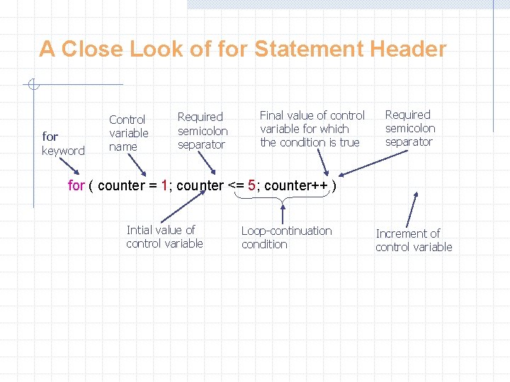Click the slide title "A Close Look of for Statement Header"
point(242,49)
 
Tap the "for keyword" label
point(62,143)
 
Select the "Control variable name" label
point(128,133)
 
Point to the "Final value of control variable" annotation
point(312,129)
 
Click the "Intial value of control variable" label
point(164,236)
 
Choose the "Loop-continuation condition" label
point(286,237)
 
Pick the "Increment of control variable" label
point(414,240)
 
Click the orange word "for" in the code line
point(76,185)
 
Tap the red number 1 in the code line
point(164,185)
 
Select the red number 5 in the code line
point(251,185)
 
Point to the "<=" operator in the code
point(234,185)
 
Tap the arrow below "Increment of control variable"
point(412,209)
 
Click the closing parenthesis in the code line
point(334,185)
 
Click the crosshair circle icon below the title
point(33,86)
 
